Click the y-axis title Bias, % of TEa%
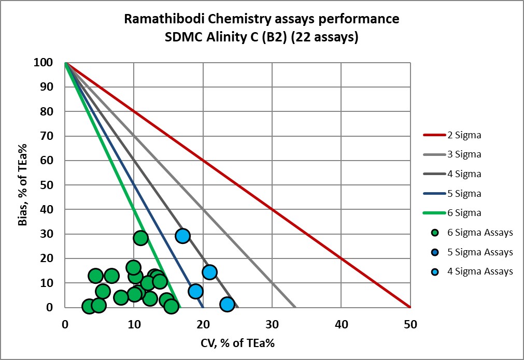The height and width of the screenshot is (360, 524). click(22, 185)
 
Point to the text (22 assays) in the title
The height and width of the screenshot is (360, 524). click(328, 38)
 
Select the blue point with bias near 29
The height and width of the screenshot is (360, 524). click(182, 236)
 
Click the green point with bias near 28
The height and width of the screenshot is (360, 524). click(140, 238)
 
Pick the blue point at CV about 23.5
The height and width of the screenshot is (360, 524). click(227, 304)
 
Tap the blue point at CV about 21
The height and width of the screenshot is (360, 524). click(209, 272)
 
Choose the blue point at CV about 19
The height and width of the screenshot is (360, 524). click(195, 291)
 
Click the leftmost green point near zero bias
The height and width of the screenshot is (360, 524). click(89, 306)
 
